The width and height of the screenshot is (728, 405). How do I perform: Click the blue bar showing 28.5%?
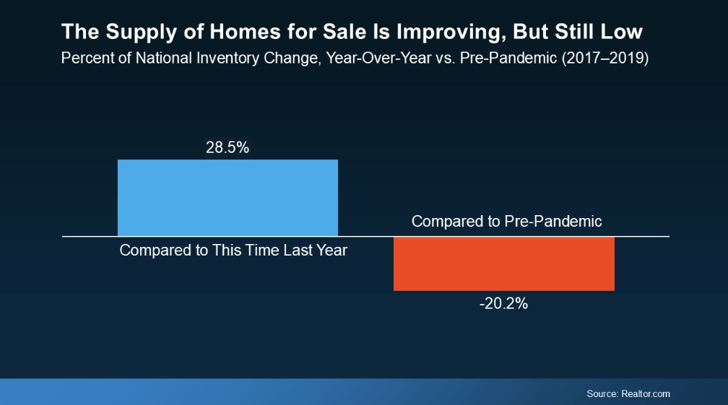pyautogui.click(x=227, y=197)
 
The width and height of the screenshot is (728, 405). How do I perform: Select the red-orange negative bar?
pyautogui.click(x=503, y=264)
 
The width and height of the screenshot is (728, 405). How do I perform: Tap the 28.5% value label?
pyautogui.click(x=227, y=147)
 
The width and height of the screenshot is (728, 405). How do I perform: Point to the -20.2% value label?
pyautogui.click(x=503, y=303)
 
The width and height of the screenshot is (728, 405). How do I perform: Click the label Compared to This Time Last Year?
pyautogui.click(x=233, y=251)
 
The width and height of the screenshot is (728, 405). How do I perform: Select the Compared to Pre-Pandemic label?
pyautogui.click(x=506, y=221)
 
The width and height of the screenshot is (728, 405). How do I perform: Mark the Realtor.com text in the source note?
pyautogui.click(x=646, y=393)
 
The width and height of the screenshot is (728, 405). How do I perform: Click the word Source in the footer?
pyautogui.click(x=602, y=393)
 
